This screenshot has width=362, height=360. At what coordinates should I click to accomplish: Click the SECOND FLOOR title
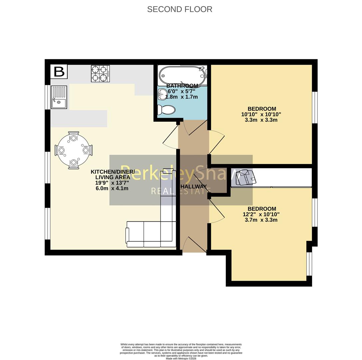(180, 9)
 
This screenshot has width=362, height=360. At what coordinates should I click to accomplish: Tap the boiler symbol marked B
(59, 72)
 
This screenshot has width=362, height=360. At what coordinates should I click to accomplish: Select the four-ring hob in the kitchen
(100, 74)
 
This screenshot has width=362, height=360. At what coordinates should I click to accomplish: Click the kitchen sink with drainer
(59, 97)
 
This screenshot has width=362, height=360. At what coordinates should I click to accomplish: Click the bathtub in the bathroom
(182, 74)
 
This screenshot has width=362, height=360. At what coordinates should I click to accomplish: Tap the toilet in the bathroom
(166, 110)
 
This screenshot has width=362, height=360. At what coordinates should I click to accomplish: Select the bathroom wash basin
(162, 94)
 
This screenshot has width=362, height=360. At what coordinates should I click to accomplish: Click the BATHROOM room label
(182, 86)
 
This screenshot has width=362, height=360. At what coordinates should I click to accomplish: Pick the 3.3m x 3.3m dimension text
(261, 120)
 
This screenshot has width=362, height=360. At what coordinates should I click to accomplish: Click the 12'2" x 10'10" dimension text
(261, 214)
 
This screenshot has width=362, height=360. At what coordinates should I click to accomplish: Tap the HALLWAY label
(193, 187)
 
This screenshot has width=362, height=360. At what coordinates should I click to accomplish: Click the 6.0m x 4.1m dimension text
(112, 188)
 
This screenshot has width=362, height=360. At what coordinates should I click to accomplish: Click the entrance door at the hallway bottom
(194, 245)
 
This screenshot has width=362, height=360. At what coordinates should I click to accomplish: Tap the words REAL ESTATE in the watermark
(181, 191)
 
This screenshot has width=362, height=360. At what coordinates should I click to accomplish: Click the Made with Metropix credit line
(181, 358)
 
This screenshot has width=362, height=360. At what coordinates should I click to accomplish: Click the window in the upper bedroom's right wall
(314, 107)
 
